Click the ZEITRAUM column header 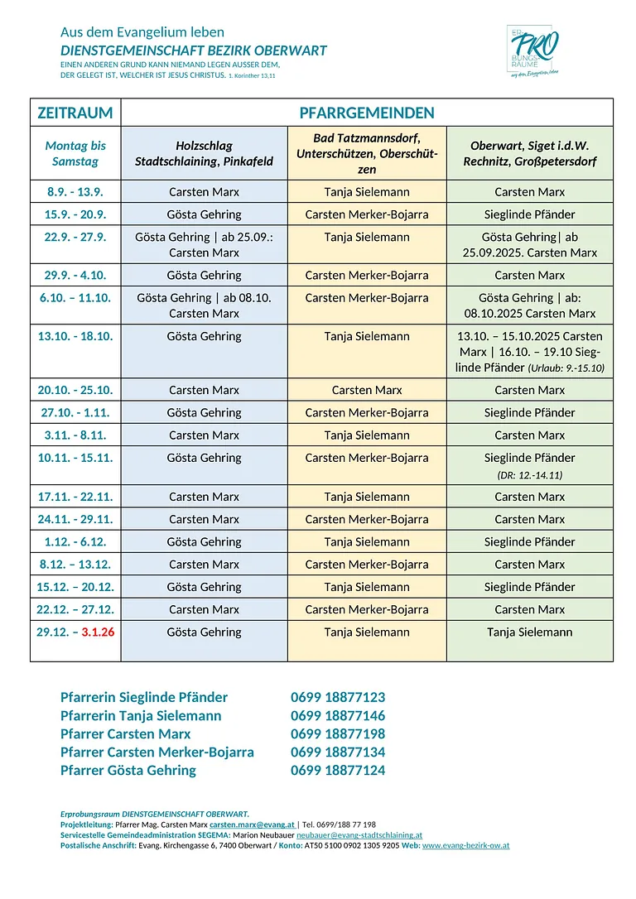(x=75, y=113)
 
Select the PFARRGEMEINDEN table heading (x=367, y=113)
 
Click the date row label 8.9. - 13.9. (x=75, y=192)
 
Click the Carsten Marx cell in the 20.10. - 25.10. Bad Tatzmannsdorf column (x=367, y=390)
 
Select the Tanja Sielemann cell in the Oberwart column (x=529, y=632)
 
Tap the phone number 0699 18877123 (x=338, y=697)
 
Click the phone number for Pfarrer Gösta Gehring (x=338, y=770)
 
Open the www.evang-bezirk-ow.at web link (x=465, y=845)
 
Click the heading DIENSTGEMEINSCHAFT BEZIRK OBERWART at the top (x=193, y=50)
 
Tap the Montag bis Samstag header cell (x=75, y=153)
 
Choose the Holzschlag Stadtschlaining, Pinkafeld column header (x=204, y=153)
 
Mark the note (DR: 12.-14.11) (x=529, y=475)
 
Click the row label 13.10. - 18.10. (x=75, y=336)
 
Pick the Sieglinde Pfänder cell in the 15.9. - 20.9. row (x=529, y=214)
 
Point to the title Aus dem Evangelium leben (x=142, y=32)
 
